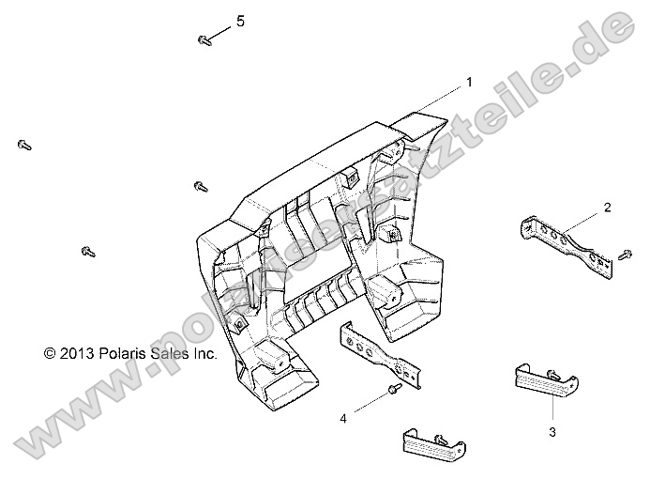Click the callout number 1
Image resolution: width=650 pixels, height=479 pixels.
[469, 83]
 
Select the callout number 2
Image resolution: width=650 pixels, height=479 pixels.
[607, 208]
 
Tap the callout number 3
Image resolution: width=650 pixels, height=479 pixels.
[552, 432]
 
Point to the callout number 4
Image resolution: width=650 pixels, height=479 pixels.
[343, 419]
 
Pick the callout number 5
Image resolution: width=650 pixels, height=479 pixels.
[240, 21]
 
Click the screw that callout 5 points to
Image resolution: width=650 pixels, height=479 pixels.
[204, 40]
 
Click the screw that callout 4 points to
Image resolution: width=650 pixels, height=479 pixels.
[394, 389]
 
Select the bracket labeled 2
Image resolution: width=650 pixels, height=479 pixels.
[567, 246]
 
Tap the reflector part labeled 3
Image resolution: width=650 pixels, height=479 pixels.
[547, 381]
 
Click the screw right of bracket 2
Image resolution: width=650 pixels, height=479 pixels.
[625, 255]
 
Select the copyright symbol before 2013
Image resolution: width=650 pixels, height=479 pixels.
[50, 353]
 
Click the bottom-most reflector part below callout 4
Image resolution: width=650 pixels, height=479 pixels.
[434, 445]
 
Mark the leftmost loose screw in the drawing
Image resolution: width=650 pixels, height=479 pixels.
[24, 145]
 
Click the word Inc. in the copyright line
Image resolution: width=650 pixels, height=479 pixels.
[204, 353]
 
